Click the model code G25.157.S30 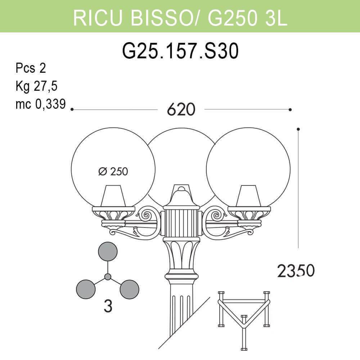click(x=180, y=51)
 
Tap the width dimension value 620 click(x=181, y=109)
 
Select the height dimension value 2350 click(x=296, y=271)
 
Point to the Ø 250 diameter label click(x=113, y=172)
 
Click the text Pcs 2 click(x=31, y=68)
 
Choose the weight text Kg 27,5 click(x=36, y=86)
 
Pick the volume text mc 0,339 click(x=40, y=104)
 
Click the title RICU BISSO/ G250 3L click(x=180, y=17)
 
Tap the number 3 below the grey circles click(x=108, y=306)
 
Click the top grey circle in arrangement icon click(x=108, y=252)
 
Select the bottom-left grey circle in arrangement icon click(x=86, y=289)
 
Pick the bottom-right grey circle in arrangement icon click(x=129, y=289)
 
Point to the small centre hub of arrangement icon click(x=108, y=276)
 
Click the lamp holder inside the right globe click(x=248, y=196)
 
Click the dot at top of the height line click(x=298, y=129)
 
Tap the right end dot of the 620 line click(x=290, y=109)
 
